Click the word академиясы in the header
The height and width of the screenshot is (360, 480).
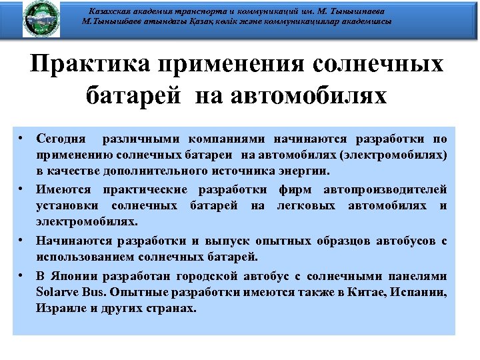click(x=359, y=21)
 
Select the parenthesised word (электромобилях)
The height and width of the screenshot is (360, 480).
click(x=393, y=155)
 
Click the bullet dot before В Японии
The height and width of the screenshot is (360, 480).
click(x=22, y=275)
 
